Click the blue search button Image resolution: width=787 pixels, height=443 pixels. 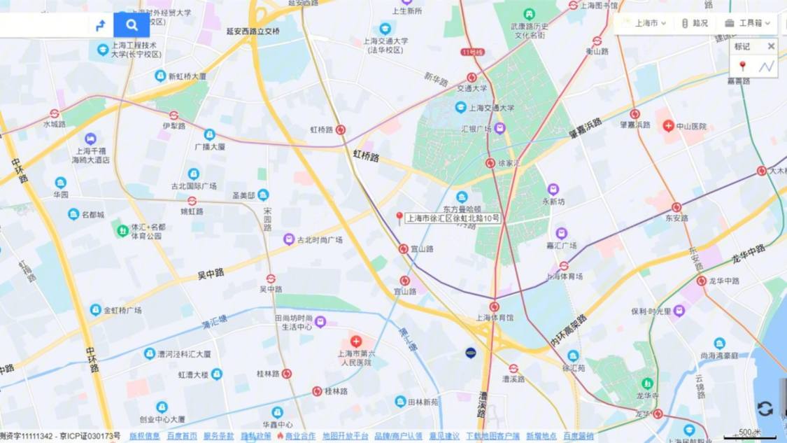tap(132, 25)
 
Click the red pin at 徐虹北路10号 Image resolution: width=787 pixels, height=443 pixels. tap(399, 218)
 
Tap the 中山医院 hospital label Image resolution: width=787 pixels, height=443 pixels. tap(690, 127)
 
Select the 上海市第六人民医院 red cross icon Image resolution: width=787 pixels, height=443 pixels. tap(356, 342)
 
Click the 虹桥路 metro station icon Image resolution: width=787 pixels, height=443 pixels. tap(341, 129)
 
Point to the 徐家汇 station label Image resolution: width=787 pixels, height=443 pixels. tap(509, 163)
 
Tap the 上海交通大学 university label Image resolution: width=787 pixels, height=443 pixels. tap(491, 108)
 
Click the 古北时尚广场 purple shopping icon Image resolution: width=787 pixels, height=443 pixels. tap(289, 239)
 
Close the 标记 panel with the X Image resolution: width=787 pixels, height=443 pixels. tap(771, 46)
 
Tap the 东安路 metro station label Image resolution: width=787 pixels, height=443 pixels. tap(676, 218)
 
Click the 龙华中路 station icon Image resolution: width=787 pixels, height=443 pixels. tap(702, 281)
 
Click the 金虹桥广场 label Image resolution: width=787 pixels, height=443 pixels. tap(122, 310)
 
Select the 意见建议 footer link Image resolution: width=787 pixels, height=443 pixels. tap(444, 436)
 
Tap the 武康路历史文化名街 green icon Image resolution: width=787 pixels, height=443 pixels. tap(530, 14)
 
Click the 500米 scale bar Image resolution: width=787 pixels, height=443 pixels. tap(749, 435)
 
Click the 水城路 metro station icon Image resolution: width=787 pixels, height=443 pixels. tap(55, 113)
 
